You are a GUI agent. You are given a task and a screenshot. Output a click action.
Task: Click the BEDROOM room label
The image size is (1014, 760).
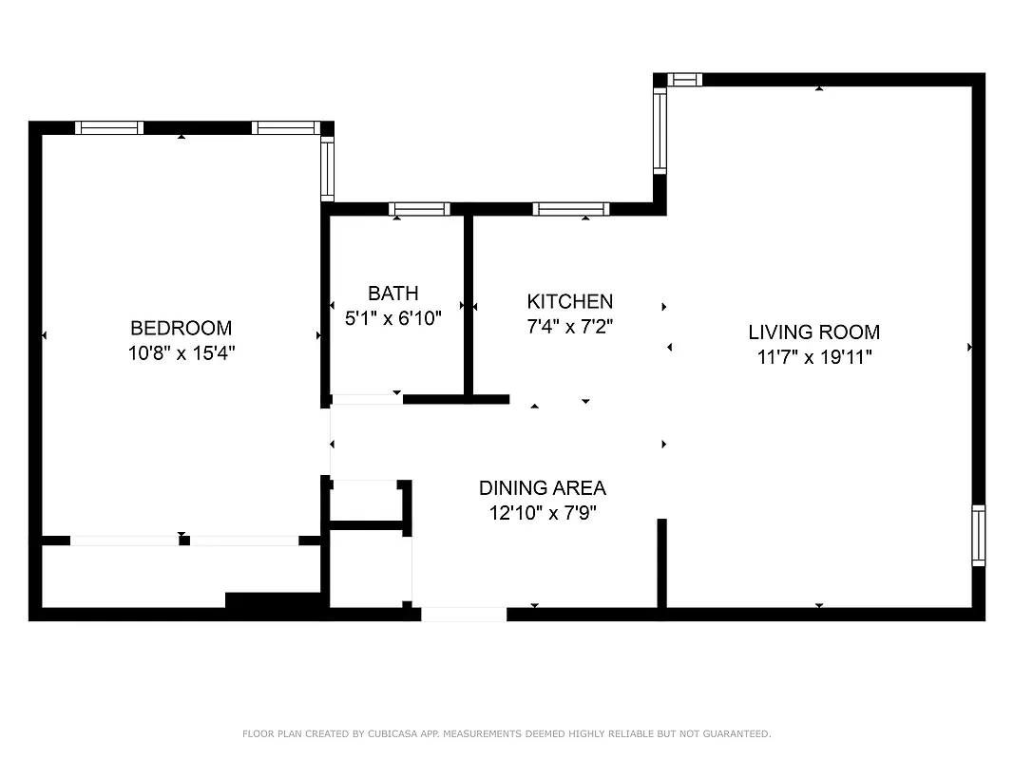click(x=181, y=328)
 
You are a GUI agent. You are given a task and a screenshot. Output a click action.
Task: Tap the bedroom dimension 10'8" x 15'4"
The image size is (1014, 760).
click(x=181, y=352)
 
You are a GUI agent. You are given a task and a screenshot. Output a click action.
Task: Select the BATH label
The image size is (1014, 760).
click(x=392, y=294)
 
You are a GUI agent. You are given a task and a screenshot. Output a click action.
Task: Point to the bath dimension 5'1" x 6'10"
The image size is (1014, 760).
click(x=392, y=318)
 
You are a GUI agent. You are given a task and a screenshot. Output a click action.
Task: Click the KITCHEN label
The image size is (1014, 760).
click(x=570, y=301)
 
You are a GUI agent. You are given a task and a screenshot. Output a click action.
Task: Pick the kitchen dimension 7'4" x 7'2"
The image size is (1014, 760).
click(x=570, y=326)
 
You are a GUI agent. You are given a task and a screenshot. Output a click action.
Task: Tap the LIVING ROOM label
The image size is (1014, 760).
click(x=813, y=332)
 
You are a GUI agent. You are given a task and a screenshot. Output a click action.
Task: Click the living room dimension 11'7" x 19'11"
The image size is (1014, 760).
click(x=813, y=357)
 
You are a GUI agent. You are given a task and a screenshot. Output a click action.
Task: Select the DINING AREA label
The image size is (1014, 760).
click(x=542, y=488)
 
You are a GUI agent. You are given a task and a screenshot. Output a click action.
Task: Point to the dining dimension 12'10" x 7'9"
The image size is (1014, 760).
click(x=542, y=513)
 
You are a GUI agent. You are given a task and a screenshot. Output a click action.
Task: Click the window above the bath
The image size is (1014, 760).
click(x=419, y=209)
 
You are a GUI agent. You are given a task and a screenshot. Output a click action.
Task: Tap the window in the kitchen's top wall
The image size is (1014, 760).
click(x=570, y=209)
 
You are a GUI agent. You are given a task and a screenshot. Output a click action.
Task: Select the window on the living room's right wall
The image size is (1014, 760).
click(x=978, y=536)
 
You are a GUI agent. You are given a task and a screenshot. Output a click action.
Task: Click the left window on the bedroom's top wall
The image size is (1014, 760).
click(x=109, y=128)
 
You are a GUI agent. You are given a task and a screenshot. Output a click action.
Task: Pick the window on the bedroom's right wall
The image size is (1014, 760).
click(x=328, y=168)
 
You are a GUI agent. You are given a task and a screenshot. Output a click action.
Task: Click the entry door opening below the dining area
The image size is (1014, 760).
click(x=464, y=615)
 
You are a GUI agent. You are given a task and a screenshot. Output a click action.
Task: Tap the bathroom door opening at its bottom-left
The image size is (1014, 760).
click(x=366, y=399)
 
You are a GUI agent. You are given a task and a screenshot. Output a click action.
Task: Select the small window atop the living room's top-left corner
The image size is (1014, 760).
click(x=684, y=80)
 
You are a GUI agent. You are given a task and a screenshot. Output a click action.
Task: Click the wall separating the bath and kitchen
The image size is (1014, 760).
click(x=469, y=304)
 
